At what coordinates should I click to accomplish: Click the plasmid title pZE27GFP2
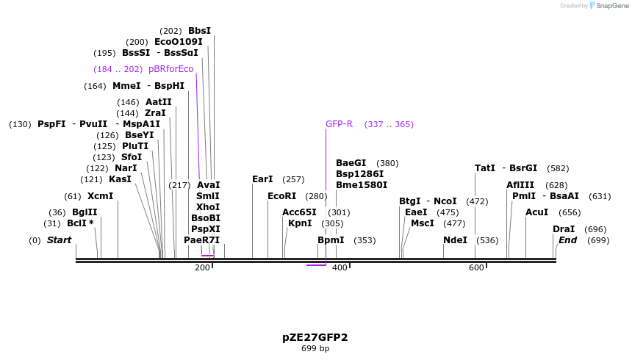pos(315,337)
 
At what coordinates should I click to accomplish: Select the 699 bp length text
pos(315,349)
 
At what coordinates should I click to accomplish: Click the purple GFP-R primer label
pos(339,124)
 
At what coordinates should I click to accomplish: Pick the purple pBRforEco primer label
pos(170,69)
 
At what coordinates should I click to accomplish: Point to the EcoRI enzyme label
pos(281,196)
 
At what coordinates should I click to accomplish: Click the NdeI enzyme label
pos(455,240)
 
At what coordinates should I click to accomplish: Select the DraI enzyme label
pos(564,229)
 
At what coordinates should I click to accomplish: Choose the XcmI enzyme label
pos(100,196)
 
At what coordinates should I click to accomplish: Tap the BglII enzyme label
pos(84,212)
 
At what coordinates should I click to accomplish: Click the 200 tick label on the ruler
pos(202,268)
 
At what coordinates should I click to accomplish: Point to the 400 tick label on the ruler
pos(340,268)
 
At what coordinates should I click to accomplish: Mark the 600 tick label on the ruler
pos(476,268)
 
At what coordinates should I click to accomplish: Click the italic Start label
pos(60,240)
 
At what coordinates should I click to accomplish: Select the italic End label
pos(567,240)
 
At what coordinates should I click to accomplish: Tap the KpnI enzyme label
pos(300,223)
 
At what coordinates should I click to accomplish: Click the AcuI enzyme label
pos(536,212)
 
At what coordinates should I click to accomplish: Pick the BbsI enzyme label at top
pos(199,31)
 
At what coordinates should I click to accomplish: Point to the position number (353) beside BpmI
pos(365,240)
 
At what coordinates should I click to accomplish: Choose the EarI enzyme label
pos(262,179)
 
